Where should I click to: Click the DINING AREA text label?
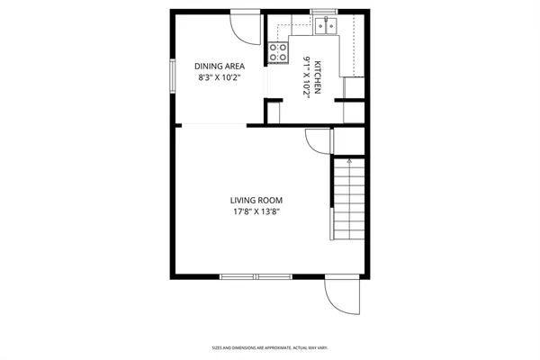coord(220,66)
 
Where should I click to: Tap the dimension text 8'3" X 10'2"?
coord(220,77)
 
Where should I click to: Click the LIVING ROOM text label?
coord(254,201)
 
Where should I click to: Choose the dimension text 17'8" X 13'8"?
coord(254,212)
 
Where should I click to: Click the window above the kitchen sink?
coord(324,12)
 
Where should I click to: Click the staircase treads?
coord(349,202)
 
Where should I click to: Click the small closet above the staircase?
coord(350,140)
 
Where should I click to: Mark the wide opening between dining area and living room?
coord(211,125)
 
